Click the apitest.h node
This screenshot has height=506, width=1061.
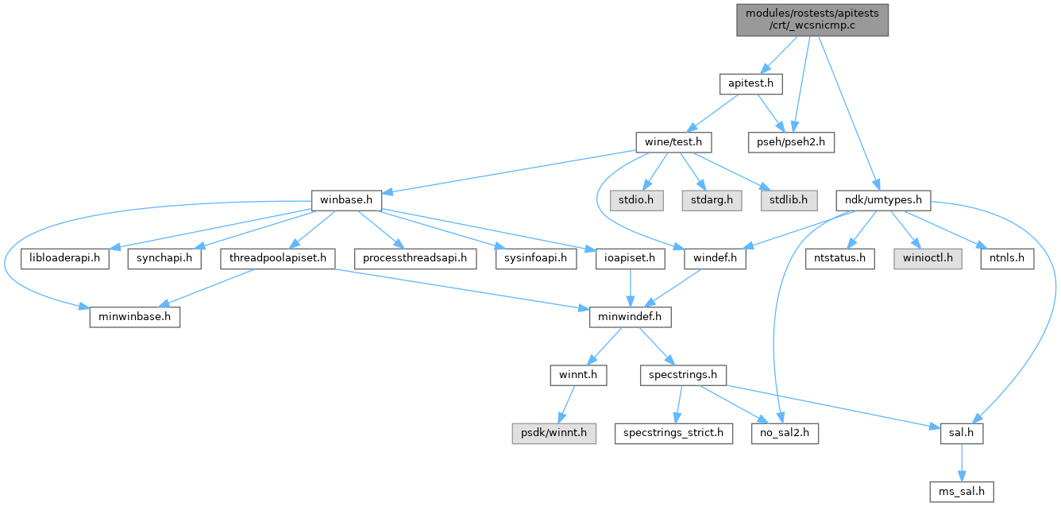tap(751, 82)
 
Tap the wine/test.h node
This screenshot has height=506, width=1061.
tap(673, 142)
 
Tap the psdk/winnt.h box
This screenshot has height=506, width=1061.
tap(554, 433)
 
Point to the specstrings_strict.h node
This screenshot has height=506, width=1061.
tap(673, 433)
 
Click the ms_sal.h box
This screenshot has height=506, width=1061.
tap(963, 492)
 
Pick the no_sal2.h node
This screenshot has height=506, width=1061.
tap(785, 433)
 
